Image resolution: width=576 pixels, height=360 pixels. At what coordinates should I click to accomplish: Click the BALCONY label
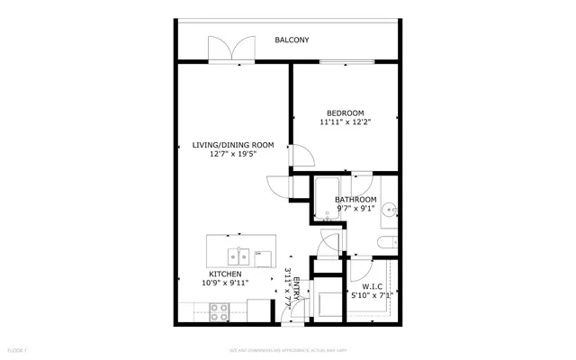click(292, 40)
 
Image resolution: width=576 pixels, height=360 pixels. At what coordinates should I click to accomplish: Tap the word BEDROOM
click(345, 112)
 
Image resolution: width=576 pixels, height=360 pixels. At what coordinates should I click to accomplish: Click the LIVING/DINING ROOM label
click(233, 144)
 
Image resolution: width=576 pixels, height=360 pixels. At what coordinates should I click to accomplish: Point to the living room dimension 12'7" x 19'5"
click(233, 153)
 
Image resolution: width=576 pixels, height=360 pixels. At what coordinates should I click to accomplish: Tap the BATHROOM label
click(355, 199)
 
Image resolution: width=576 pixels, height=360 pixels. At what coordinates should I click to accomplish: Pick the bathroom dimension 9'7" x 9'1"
click(355, 208)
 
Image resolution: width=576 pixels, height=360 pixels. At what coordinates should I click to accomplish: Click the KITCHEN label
click(225, 274)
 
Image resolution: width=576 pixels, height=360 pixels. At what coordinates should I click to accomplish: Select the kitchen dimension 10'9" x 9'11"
click(225, 283)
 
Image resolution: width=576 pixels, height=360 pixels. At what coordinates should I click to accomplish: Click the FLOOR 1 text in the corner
click(17, 349)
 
